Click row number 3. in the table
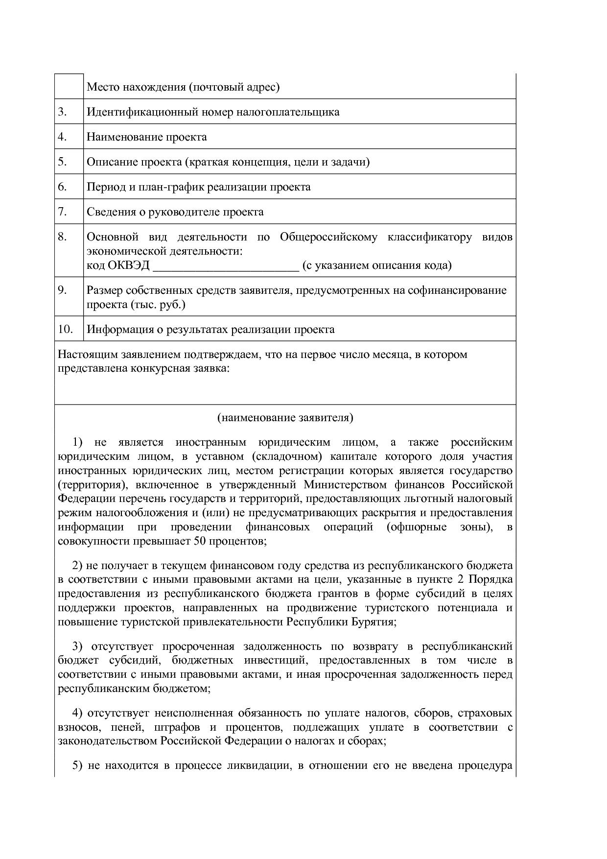(62, 112)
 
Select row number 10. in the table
(65, 329)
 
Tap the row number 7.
(62, 212)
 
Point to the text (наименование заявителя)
(285, 418)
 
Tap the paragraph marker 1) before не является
(78, 442)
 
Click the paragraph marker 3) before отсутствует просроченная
(78, 646)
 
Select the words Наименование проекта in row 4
(147, 137)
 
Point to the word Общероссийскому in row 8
(328, 237)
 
